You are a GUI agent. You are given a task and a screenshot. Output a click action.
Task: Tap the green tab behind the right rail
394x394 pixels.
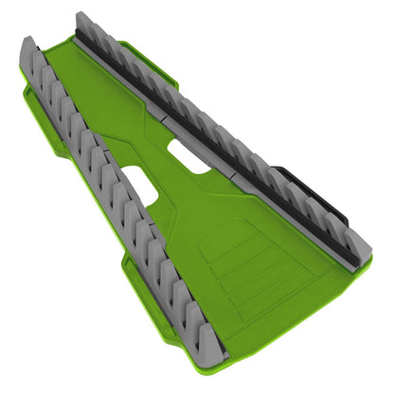[x=169, y=72]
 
